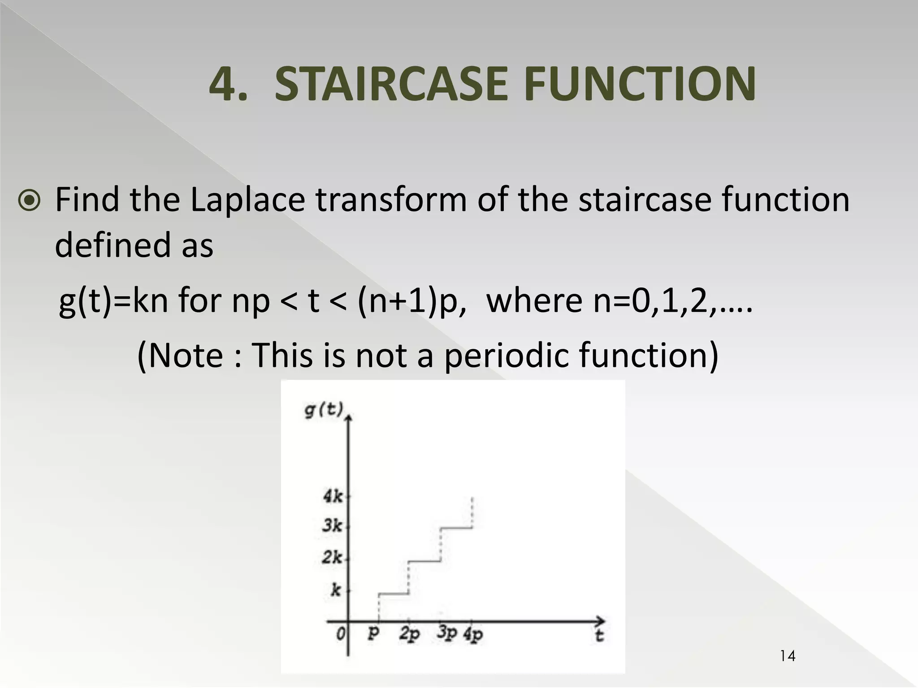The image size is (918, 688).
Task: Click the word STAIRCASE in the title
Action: pyautogui.click(x=391, y=84)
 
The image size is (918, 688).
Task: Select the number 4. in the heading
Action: pyautogui.click(x=228, y=84)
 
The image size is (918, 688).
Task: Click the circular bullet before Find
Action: pyautogui.click(x=30, y=200)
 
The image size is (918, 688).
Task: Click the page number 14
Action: pyautogui.click(x=788, y=656)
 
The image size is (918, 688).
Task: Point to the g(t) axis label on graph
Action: pyautogui.click(x=324, y=409)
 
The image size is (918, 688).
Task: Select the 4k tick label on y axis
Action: pyautogui.click(x=333, y=496)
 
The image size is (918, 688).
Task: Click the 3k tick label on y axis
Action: pyautogui.click(x=332, y=525)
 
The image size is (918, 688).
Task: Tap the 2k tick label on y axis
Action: pyautogui.click(x=332, y=558)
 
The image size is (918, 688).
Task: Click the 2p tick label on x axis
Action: pyautogui.click(x=410, y=634)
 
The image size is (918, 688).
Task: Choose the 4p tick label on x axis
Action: pyautogui.click(x=473, y=634)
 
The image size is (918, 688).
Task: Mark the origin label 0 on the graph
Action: pyautogui.click(x=341, y=634)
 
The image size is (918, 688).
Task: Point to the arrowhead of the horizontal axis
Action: pyautogui.click(x=601, y=621)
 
